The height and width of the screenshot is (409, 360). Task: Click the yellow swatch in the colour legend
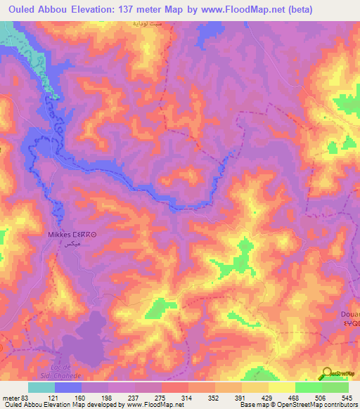pos(281,387)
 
